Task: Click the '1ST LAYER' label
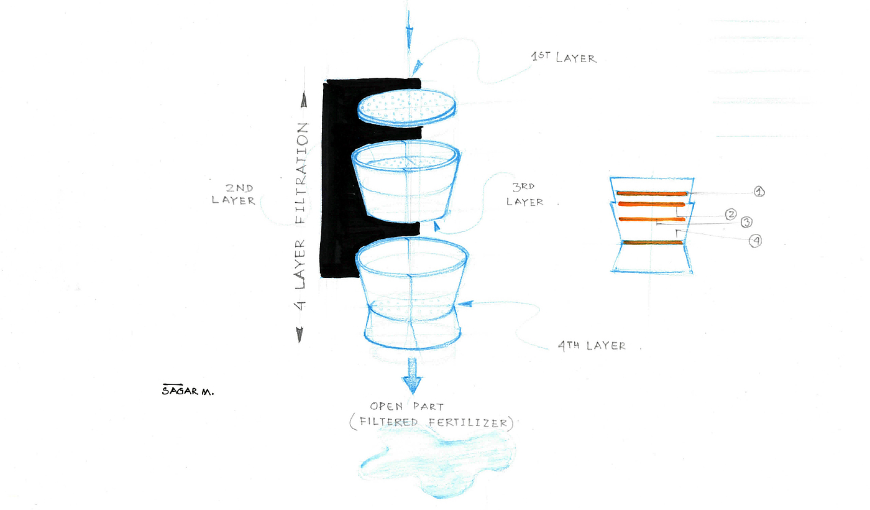(x=564, y=57)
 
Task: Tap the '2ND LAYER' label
(x=234, y=194)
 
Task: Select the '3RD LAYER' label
(x=524, y=194)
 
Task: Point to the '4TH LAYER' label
(x=592, y=346)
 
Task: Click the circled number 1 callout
(x=759, y=192)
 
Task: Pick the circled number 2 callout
(x=731, y=214)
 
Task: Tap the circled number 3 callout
(x=746, y=222)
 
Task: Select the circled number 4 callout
(x=756, y=241)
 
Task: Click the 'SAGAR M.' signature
(x=188, y=391)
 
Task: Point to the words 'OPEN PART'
(x=406, y=407)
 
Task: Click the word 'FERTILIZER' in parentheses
(x=467, y=422)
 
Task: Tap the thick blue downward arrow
(x=411, y=376)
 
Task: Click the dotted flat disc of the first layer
(x=406, y=108)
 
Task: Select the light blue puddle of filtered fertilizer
(x=437, y=465)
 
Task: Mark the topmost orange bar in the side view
(x=652, y=193)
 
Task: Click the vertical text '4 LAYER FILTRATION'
(x=301, y=216)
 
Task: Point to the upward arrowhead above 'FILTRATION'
(x=304, y=100)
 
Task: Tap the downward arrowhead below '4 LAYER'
(x=300, y=335)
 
